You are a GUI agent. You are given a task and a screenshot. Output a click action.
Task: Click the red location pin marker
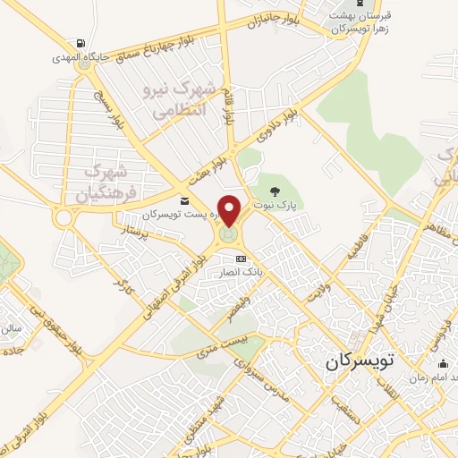coord(230,211)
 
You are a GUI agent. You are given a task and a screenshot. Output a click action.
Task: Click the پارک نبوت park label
coord(281,204)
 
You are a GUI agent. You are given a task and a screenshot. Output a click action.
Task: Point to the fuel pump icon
coord(81,43)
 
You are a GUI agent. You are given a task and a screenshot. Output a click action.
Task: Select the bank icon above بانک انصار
coord(240,259)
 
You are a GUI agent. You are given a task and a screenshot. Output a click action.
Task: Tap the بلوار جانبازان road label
coord(265,21)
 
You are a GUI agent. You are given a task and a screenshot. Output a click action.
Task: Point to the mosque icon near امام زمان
coord(444,363)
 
